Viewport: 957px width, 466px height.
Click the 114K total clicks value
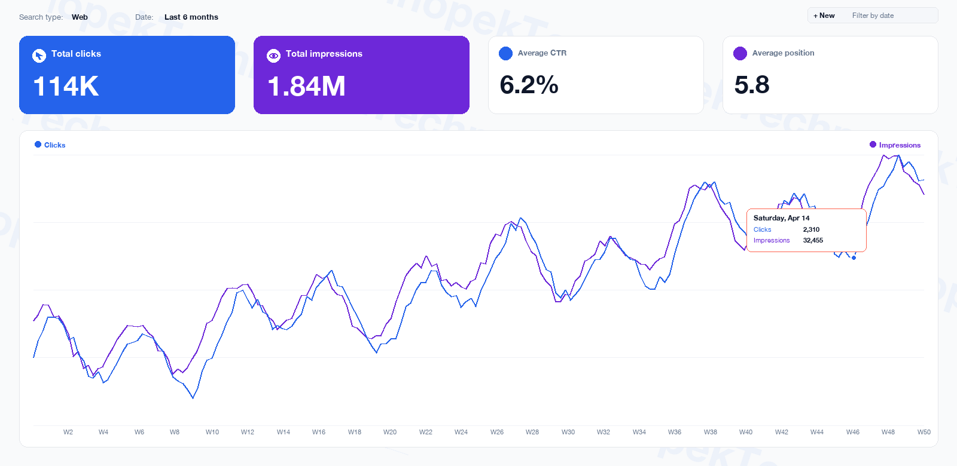[66, 86]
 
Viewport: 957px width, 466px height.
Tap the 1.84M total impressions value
[306, 86]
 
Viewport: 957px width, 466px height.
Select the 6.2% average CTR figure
[529, 85]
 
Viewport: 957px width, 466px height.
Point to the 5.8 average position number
[751, 85]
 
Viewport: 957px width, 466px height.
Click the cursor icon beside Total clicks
[39, 56]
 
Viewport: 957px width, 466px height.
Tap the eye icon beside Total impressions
[273, 56]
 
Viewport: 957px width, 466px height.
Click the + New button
[824, 16]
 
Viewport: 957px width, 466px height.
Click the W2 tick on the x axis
[68, 432]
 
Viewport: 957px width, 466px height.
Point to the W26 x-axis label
[497, 432]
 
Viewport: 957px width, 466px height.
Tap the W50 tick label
[924, 432]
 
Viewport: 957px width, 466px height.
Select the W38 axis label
[710, 432]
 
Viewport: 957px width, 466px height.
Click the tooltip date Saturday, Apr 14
[781, 218]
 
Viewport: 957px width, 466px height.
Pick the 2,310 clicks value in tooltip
[811, 229]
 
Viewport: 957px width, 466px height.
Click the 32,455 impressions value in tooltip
[813, 240]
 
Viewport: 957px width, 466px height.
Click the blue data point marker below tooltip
[854, 258]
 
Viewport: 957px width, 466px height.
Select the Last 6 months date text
[191, 17]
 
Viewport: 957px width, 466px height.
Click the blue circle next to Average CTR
[505, 53]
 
